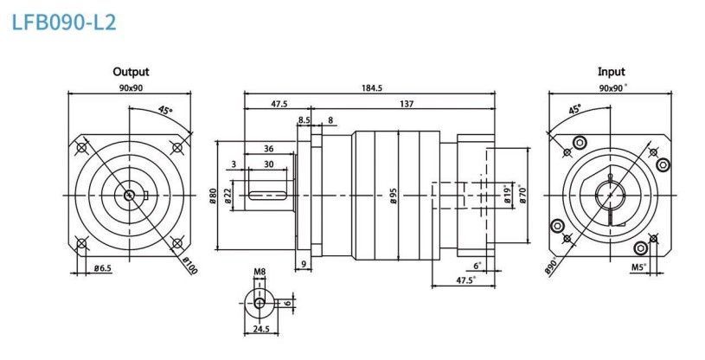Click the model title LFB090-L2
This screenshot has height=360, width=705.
pyautogui.click(x=64, y=22)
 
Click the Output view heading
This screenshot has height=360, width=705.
pyautogui.click(x=131, y=72)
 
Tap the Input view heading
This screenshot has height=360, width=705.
pyautogui.click(x=611, y=72)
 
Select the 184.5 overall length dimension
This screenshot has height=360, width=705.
pyautogui.click(x=371, y=87)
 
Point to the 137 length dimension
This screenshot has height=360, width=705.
pyautogui.click(x=406, y=104)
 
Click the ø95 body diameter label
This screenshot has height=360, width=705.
pyautogui.click(x=394, y=196)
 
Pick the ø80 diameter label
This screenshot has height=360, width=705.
pyautogui.click(x=213, y=196)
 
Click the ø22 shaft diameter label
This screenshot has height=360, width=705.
pyautogui.click(x=228, y=196)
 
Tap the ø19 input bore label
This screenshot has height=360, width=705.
pyautogui.click(x=508, y=195)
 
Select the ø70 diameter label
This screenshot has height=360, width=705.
pyautogui.click(x=522, y=195)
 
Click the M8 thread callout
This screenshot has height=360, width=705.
pyautogui.click(x=260, y=272)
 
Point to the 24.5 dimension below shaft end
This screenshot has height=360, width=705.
pyautogui.click(x=260, y=330)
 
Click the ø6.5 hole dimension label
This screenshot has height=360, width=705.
pyautogui.click(x=103, y=268)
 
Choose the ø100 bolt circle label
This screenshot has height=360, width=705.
pyautogui.click(x=190, y=265)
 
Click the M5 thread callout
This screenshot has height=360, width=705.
pyautogui.click(x=639, y=267)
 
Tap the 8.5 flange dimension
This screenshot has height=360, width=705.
pyautogui.click(x=304, y=120)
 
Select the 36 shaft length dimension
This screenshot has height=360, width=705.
pyautogui.click(x=269, y=149)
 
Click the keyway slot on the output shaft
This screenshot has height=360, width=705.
pyautogui.click(x=268, y=196)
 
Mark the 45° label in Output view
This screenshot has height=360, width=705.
pyautogui.click(x=165, y=110)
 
